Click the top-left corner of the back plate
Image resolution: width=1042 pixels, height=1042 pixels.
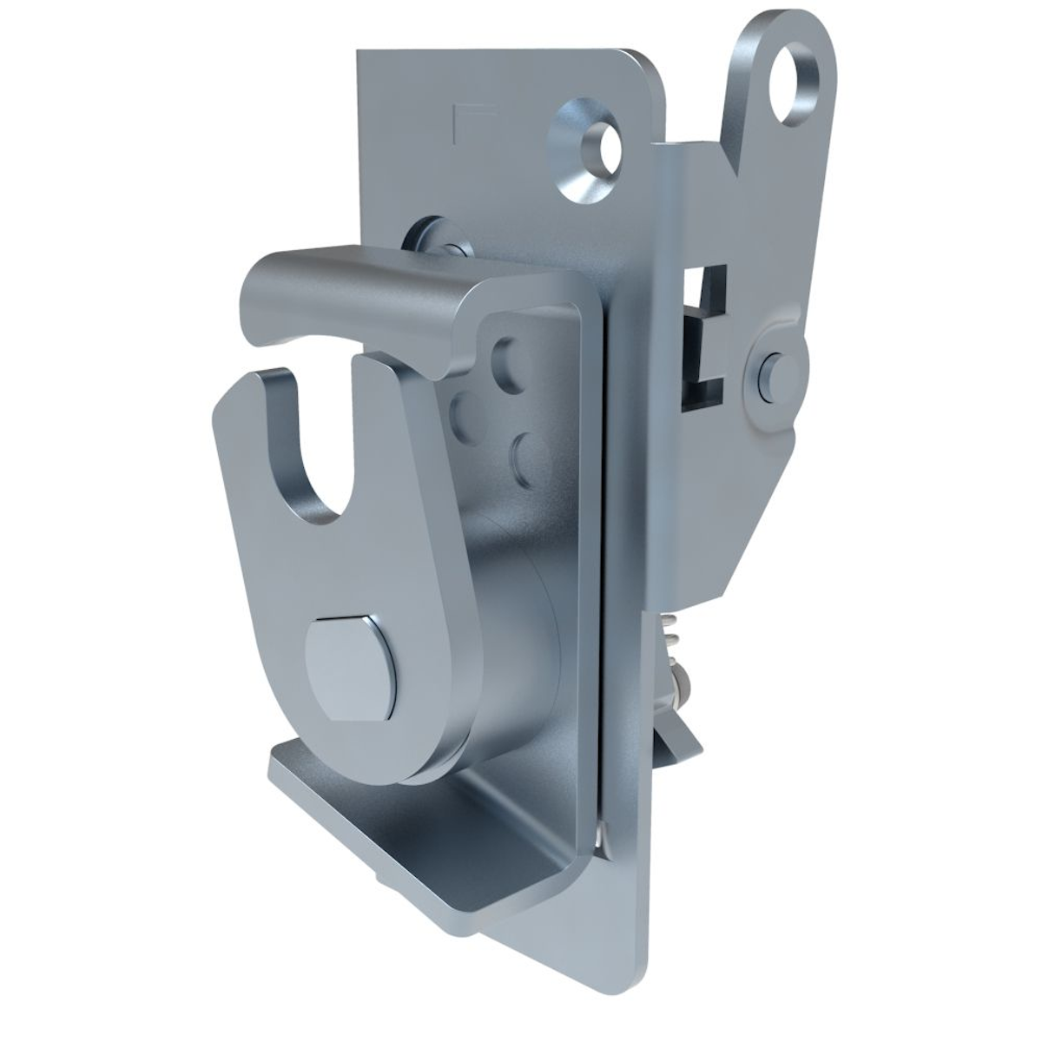coord(361,57)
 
